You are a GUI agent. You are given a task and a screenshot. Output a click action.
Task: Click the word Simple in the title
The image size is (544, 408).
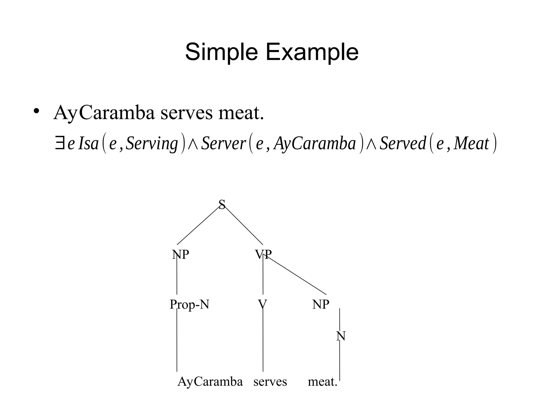(221, 52)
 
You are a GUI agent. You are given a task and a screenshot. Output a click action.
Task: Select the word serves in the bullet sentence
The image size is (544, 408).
(186, 113)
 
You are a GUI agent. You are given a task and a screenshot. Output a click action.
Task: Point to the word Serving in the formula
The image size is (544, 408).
(152, 144)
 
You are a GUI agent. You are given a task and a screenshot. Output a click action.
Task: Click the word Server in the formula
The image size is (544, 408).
(223, 144)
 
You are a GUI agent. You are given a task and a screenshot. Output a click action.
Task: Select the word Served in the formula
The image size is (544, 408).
(403, 144)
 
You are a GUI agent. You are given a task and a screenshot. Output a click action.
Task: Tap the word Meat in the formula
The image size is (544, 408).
(471, 144)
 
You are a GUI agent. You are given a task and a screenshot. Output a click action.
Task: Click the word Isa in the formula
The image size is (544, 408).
(88, 144)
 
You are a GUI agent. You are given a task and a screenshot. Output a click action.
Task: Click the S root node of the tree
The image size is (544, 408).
(222, 205)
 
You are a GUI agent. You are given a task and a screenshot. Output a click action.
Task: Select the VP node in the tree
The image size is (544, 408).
(263, 254)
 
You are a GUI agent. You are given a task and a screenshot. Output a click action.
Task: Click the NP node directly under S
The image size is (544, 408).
(180, 254)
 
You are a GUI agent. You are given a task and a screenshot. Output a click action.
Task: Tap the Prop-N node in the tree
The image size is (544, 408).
(189, 304)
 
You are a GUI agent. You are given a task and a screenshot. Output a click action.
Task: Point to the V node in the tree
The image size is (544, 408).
(262, 304)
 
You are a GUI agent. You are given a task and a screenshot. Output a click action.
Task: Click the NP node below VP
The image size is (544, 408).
(321, 304)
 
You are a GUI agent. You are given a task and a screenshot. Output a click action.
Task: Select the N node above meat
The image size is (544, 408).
(341, 336)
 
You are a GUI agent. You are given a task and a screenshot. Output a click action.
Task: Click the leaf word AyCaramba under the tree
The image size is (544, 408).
(210, 382)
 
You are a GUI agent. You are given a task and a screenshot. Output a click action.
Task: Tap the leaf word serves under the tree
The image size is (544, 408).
(270, 382)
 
